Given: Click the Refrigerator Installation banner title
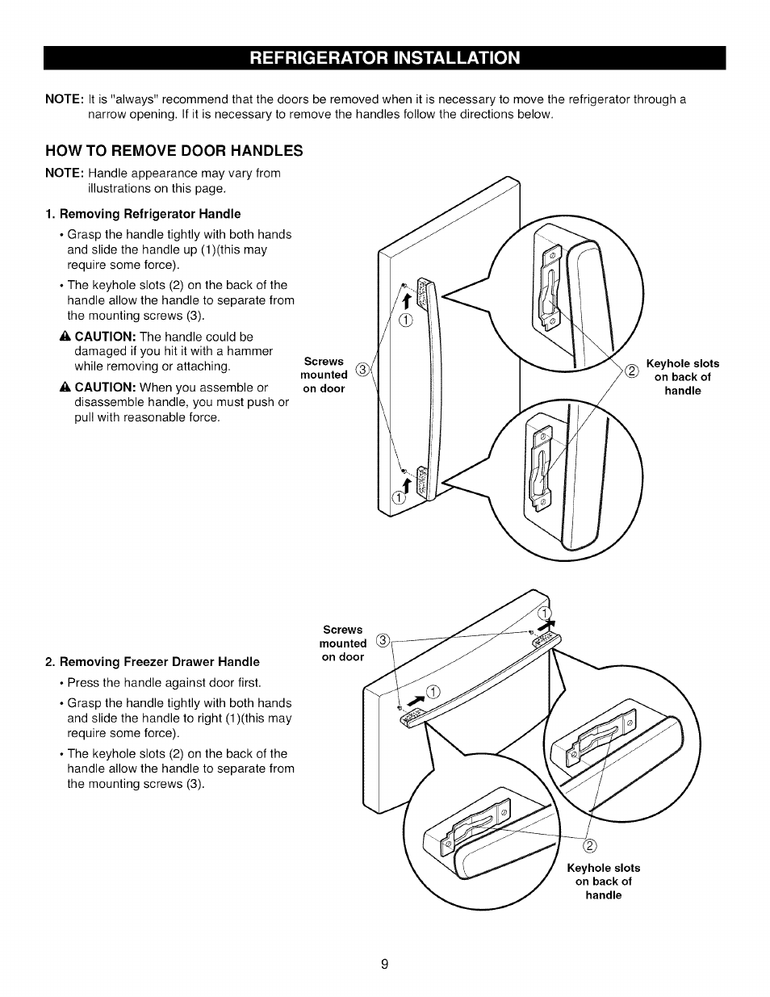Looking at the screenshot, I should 385,58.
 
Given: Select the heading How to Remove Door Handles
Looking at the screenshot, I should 174,151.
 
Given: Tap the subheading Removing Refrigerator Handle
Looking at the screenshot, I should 143,214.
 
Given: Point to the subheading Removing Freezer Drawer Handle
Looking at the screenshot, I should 153,662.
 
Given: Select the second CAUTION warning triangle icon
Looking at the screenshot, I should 65,387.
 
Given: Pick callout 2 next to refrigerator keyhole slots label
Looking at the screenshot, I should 631,371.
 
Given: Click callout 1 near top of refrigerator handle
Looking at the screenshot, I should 405,320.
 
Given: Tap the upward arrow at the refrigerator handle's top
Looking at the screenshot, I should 408,300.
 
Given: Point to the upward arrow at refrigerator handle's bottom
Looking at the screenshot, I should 407,484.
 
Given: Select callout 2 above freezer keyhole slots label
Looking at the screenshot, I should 589,846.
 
